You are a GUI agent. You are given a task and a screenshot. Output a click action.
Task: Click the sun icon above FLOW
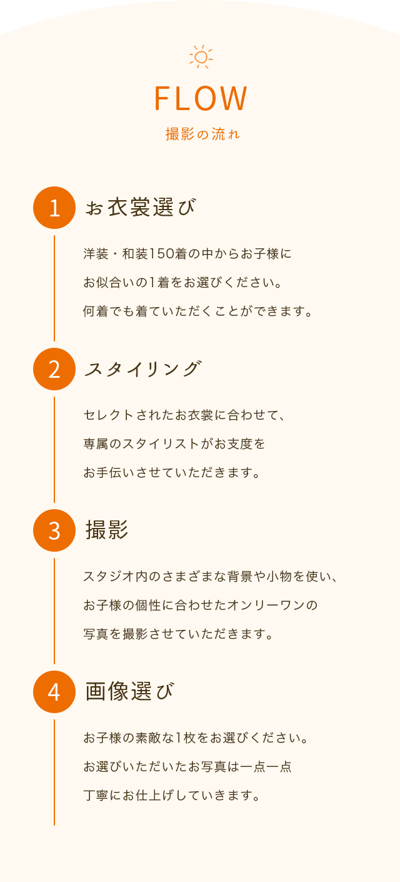(201, 57)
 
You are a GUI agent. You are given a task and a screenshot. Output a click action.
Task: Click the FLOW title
(201, 98)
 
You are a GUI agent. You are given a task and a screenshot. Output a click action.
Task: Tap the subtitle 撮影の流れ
(202, 134)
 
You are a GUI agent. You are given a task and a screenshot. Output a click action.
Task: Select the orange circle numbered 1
(54, 208)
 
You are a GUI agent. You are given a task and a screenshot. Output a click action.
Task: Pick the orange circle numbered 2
(54, 369)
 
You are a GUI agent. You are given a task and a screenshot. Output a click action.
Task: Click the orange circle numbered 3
(54, 530)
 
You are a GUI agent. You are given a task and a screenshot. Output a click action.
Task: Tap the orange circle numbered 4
(54, 692)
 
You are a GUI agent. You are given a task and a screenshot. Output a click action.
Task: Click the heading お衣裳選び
(141, 208)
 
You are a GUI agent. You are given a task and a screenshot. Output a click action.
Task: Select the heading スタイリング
(143, 369)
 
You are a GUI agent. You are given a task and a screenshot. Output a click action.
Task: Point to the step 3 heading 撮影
(107, 530)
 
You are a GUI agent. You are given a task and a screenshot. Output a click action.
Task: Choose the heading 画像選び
(129, 691)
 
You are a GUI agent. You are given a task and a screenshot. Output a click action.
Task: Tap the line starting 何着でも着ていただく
(198, 311)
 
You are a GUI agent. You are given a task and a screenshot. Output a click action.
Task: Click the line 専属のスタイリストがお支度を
(174, 444)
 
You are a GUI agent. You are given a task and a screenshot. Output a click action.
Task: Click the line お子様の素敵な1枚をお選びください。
(196, 738)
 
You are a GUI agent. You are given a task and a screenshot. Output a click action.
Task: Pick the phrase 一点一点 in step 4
(266, 766)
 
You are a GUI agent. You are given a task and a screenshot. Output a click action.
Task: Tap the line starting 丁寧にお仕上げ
(171, 796)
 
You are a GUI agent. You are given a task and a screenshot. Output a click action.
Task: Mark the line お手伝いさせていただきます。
(171, 472)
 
